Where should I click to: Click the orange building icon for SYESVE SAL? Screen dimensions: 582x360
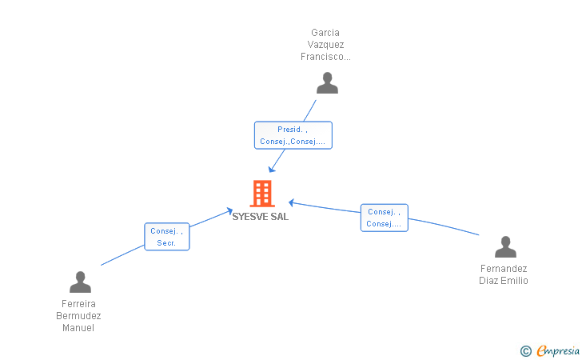pyautogui.click(x=262, y=193)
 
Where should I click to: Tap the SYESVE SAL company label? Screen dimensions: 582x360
pyautogui.click(x=260, y=217)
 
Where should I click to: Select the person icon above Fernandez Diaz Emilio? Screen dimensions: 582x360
pyautogui.click(x=505, y=246)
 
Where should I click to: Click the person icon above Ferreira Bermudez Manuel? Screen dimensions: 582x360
pyautogui.click(x=80, y=282)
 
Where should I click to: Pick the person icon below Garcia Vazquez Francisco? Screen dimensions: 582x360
pyautogui.click(x=328, y=83)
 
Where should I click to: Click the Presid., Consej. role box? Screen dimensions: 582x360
pyautogui.click(x=293, y=135)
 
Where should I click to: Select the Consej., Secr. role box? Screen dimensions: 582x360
pyautogui.click(x=167, y=237)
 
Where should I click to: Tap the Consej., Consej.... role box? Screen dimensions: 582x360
pyautogui.click(x=385, y=218)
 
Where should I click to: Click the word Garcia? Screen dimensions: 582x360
pyautogui.click(x=325, y=33)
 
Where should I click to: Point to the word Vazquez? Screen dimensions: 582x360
pyautogui.click(x=325, y=45)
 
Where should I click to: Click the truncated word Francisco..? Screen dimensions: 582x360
pyautogui.click(x=325, y=57)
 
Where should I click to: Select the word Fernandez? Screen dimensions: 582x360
pyautogui.click(x=504, y=269)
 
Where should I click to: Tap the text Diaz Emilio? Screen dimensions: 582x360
pyautogui.click(x=504, y=281)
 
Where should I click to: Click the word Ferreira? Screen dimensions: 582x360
pyautogui.click(x=78, y=304)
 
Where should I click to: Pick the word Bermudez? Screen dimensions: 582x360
pyautogui.click(x=78, y=316)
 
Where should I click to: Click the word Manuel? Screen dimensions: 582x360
pyautogui.click(x=78, y=328)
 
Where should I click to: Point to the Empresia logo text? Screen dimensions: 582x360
pyautogui.click(x=558, y=350)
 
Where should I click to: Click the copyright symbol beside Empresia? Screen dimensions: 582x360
pyautogui.click(x=525, y=351)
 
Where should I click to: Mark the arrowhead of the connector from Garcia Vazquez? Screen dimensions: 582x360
pyautogui.click(x=272, y=170)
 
